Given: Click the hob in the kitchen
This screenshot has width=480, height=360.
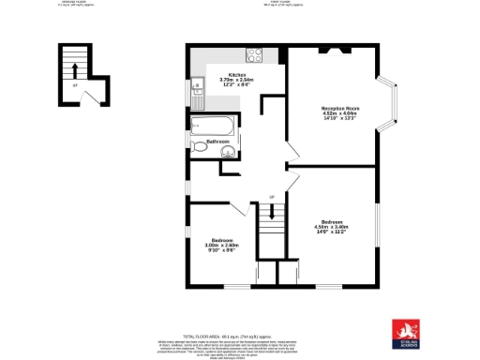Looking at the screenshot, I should (253, 53).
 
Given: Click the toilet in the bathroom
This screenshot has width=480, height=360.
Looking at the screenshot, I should (201, 147).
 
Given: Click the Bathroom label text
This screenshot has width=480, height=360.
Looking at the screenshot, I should (218, 141).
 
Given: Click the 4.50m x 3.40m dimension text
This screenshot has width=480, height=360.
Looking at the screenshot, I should (331, 226).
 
